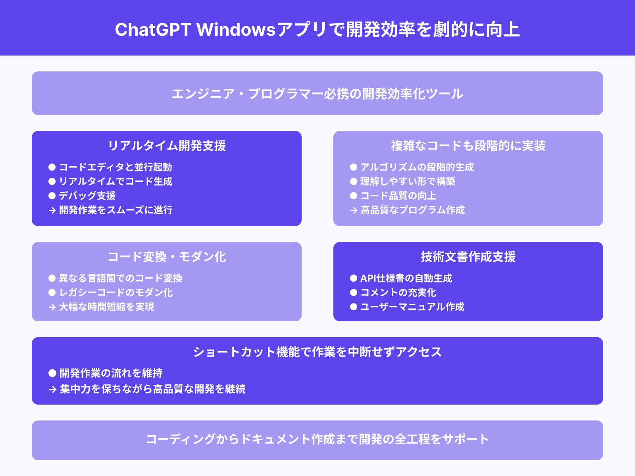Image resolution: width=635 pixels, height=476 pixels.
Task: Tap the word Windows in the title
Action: click(236, 30)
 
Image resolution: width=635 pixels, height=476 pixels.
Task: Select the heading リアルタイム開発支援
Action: click(167, 146)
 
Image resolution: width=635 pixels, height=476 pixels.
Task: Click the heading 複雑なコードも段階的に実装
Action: click(468, 146)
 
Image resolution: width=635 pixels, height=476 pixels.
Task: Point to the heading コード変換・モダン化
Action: click(167, 257)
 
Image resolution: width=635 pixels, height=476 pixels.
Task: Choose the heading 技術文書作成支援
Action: click(468, 257)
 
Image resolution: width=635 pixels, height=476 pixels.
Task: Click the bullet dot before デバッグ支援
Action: click(52, 196)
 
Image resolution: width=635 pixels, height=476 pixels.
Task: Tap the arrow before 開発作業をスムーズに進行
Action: click(52, 210)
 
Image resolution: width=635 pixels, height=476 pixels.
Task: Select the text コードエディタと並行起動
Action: click(115, 167)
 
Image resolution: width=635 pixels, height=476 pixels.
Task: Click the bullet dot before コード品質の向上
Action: click(354, 196)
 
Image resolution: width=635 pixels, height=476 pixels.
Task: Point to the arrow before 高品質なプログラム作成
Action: click(354, 210)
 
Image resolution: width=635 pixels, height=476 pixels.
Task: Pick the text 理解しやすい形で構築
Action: click(408, 181)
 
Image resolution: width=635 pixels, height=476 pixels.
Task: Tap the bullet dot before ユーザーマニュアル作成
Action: click(354, 307)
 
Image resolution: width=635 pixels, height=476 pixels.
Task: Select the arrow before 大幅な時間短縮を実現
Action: click(52, 307)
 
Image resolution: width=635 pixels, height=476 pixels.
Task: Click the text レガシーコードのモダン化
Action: click(116, 292)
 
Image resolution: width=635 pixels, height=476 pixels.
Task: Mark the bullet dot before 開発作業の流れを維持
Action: click(52, 373)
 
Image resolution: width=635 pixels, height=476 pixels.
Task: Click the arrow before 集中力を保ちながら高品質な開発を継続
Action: click(52, 389)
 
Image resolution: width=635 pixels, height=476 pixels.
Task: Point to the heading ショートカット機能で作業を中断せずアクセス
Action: click(317, 352)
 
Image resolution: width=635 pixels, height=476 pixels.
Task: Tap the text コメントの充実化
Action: click(398, 292)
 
